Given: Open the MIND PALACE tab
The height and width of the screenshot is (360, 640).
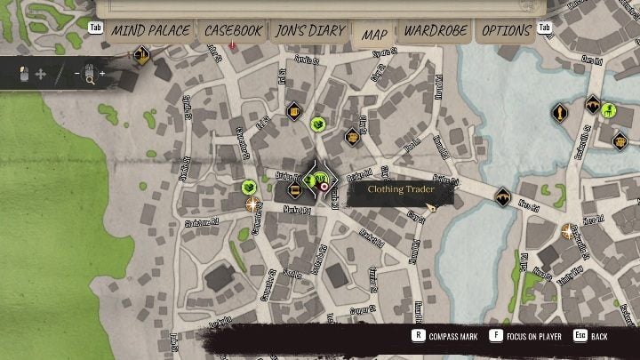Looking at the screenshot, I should pos(149,31).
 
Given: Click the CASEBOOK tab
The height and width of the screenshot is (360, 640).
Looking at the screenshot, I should pos(233,31).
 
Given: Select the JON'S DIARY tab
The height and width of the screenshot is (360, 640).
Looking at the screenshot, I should pos(308,31).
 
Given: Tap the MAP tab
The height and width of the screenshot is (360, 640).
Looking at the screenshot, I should pos(374,34).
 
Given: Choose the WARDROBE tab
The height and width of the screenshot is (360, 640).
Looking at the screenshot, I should pos(436,31).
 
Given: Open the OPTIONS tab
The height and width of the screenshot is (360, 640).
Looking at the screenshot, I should pos(506,31).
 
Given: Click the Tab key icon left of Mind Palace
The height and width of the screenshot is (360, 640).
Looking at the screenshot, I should pos(96,28).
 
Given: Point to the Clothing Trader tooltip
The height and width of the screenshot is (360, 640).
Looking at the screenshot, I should pos(399,189).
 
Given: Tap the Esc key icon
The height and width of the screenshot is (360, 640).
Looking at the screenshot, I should pos(579,336).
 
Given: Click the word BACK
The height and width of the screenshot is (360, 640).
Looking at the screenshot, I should pos(599,337).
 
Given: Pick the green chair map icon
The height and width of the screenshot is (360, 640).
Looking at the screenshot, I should pos(609,110).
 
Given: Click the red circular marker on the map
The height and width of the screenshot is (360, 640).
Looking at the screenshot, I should pos(324,188).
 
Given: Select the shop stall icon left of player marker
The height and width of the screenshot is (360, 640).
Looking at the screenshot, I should pos(292,188).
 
